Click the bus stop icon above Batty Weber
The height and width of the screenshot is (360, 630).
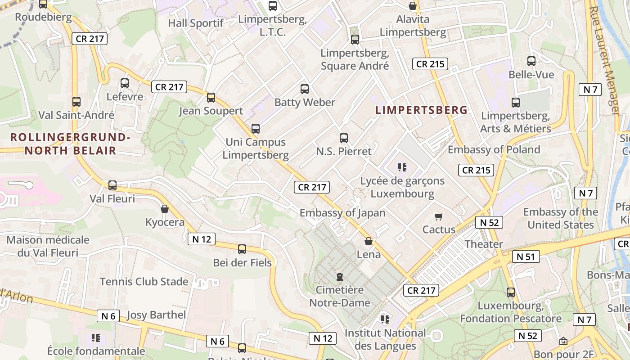pyautogui.click(x=305, y=89)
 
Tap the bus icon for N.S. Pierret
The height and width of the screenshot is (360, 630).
pyautogui.click(x=344, y=138)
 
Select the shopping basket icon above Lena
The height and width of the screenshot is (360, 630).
pyautogui.click(x=369, y=241)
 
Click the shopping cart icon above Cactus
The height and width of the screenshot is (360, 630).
pyautogui.click(x=439, y=216)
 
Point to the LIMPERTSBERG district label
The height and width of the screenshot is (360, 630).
pyautogui.click(x=422, y=110)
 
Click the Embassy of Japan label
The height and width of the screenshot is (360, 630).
pyautogui.click(x=342, y=213)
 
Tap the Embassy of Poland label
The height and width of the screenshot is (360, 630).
pyautogui.click(x=494, y=149)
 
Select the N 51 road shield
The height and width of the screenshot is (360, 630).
pyautogui.click(x=526, y=256)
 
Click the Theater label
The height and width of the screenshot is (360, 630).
pyautogui.click(x=484, y=244)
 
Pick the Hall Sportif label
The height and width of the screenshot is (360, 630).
pyautogui.click(x=196, y=23)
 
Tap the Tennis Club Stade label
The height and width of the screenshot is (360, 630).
pyautogui.click(x=144, y=282)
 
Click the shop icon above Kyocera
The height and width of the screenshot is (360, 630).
pyautogui.click(x=165, y=209)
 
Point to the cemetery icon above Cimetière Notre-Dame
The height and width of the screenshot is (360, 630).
pyautogui.click(x=340, y=276)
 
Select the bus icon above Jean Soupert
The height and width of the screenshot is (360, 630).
pyautogui.click(x=211, y=98)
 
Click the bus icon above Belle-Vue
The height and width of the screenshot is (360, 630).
pyautogui.click(x=531, y=61)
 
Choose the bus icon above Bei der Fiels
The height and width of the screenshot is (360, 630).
pyautogui.click(x=242, y=249)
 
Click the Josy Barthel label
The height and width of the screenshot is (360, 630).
pyautogui.click(x=156, y=315)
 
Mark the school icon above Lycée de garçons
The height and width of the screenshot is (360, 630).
pyautogui.click(x=402, y=167)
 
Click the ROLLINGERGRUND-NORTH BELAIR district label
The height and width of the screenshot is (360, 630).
pyautogui.click(x=70, y=144)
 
